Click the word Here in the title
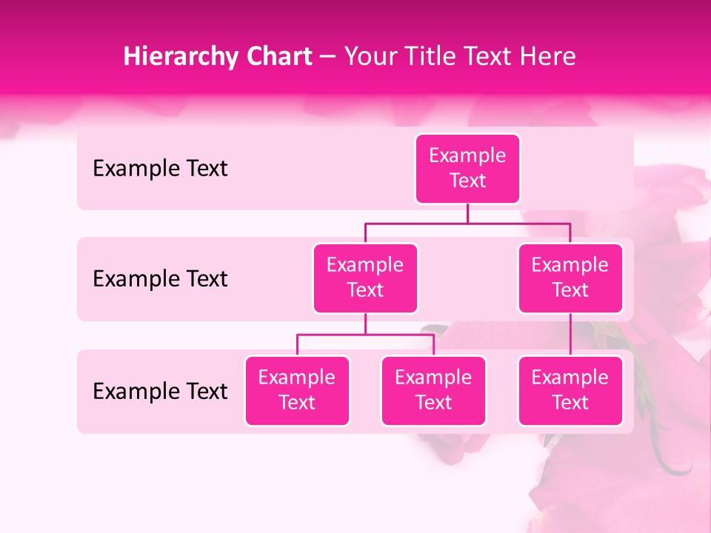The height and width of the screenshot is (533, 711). pyautogui.click(x=548, y=57)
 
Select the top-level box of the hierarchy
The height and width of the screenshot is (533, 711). pyautogui.click(x=467, y=169)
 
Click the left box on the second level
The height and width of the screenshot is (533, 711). pyautogui.click(x=365, y=278)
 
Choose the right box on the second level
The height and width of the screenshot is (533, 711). pyautogui.click(x=570, y=278)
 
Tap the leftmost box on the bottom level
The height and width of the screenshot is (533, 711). pyautogui.click(x=297, y=390)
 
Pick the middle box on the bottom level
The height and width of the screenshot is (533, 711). pyautogui.click(x=433, y=390)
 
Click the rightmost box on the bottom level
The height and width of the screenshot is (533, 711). pyautogui.click(x=570, y=390)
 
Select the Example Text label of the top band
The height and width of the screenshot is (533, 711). pyautogui.click(x=160, y=169)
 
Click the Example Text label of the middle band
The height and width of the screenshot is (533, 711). pyautogui.click(x=160, y=279)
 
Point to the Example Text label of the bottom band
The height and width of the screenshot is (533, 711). pyautogui.click(x=160, y=391)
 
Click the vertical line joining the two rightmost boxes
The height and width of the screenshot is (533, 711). pyautogui.click(x=570, y=335)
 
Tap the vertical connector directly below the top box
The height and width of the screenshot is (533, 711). pyautogui.click(x=467, y=213)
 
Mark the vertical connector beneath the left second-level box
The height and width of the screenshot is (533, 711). pyautogui.click(x=365, y=324)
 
